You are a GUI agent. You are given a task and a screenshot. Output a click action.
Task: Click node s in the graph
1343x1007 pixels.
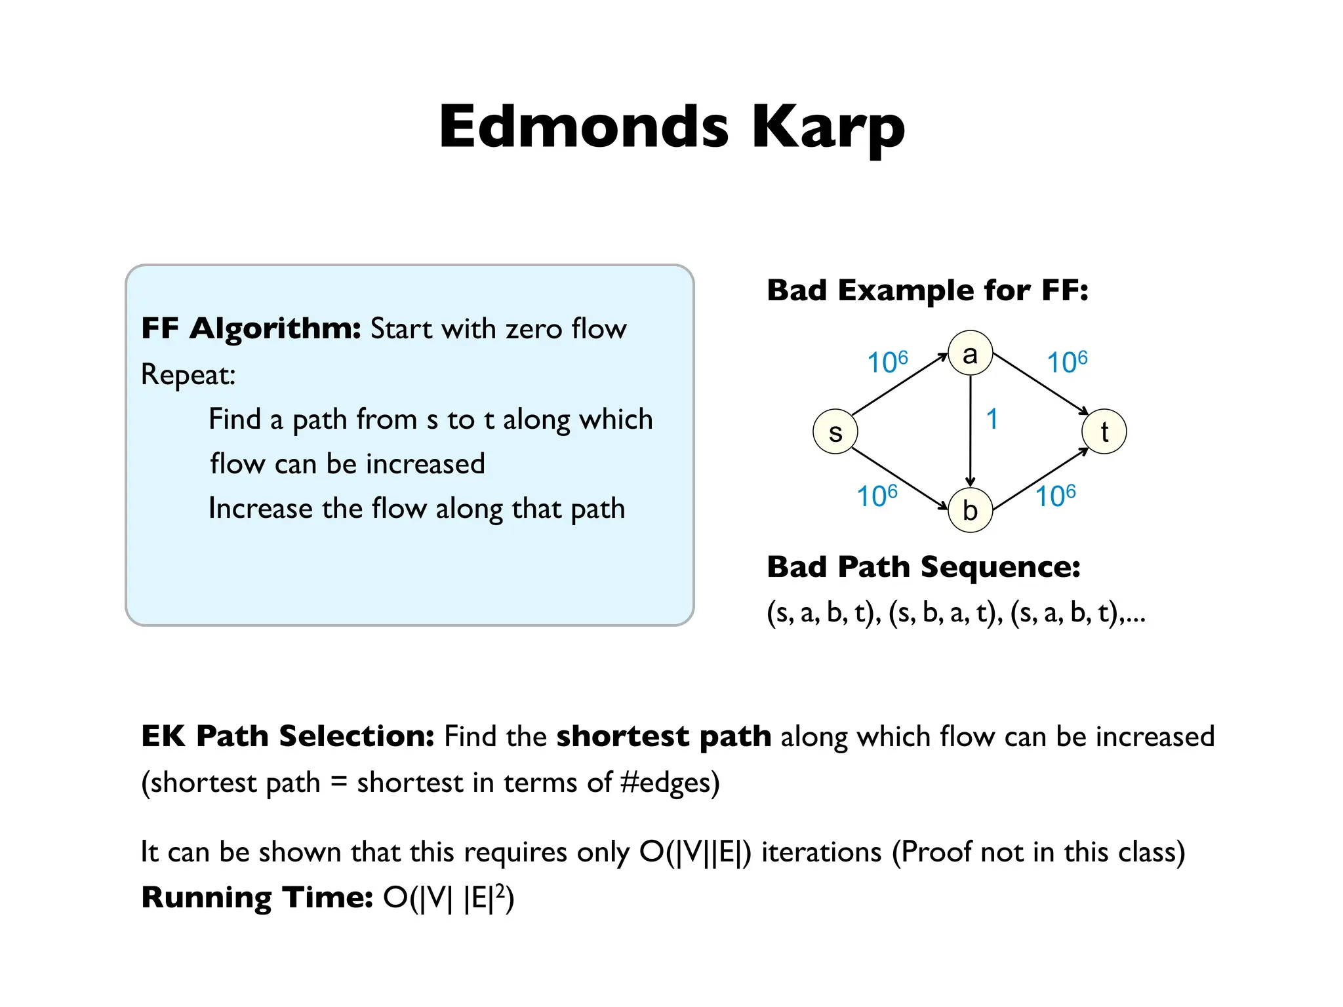[x=835, y=431]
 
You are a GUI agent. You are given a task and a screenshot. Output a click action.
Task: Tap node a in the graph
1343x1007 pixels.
[x=970, y=353]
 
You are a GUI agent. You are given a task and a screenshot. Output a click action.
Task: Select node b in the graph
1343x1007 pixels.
[x=970, y=510]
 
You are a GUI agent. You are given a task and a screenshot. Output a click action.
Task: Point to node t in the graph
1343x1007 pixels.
[x=1104, y=431]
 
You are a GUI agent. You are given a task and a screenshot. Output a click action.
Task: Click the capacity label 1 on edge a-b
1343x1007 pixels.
[x=992, y=419]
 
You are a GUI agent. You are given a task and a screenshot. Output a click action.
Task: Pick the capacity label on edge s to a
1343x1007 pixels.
[x=887, y=362]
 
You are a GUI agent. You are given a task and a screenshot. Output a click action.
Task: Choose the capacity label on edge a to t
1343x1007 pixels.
[x=1067, y=362]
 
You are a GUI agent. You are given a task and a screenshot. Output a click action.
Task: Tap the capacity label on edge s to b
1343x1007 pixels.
[x=877, y=496]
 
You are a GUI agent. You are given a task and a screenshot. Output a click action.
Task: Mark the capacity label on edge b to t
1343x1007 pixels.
[x=1055, y=496]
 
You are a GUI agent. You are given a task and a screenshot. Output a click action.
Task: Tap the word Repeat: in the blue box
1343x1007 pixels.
[x=188, y=375]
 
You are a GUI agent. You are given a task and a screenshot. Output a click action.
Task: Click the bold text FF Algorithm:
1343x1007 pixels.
[x=251, y=328]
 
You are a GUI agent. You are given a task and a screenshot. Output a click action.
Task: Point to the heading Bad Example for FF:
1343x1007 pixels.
[x=927, y=290]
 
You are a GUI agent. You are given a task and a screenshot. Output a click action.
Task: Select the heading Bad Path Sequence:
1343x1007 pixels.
[x=923, y=567]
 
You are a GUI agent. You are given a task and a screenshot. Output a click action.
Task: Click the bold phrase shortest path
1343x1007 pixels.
[x=664, y=736]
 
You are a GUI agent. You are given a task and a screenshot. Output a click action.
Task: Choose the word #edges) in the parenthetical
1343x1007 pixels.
[x=670, y=783]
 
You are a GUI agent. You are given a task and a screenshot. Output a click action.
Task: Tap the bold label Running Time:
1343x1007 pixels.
[x=257, y=898]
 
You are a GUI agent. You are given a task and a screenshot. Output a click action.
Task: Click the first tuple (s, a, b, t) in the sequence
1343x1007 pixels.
[x=823, y=613]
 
